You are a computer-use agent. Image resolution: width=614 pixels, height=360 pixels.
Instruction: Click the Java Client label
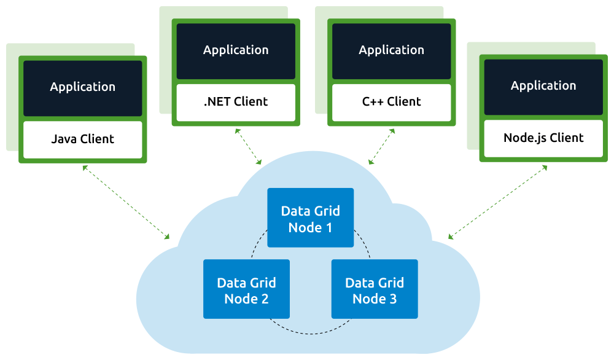(x=82, y=139)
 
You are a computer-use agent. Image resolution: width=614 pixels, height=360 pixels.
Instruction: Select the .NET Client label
(x=236, y=102)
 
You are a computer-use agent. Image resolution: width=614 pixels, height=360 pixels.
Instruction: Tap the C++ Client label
(x=391, y=102)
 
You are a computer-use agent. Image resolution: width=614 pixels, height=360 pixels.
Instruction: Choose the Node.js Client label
(x=543, y=138)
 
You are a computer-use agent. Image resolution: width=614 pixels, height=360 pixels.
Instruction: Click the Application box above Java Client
(x=82, y=87)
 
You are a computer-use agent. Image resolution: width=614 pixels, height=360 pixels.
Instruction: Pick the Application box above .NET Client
(x=236, y=50)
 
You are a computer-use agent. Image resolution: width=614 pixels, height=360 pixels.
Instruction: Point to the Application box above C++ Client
(x=391, y=50)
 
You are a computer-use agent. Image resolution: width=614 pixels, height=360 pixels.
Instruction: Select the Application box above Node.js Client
(x=543, y=86)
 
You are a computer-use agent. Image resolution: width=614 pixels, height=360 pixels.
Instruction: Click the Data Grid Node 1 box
(x=310, y=218)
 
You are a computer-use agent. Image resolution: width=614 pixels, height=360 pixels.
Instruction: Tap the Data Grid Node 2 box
(x=246, y=289)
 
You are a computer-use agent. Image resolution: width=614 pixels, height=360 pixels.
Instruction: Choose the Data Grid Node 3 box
(x=375, y=289)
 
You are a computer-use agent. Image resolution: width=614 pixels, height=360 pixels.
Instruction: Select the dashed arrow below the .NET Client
(x=248, y=147)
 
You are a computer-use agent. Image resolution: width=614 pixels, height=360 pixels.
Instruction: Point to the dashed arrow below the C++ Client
(x=381, y=147)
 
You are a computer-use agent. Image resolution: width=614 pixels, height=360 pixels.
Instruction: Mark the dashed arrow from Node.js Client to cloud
(x=498, y=202)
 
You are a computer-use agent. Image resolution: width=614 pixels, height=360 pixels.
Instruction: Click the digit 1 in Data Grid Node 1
(x=328, y=227)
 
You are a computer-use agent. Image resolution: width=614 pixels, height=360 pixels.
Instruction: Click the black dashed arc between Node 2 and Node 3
(x=310, y=332)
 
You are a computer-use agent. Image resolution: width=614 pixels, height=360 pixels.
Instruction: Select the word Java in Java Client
(x=64, y=139)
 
